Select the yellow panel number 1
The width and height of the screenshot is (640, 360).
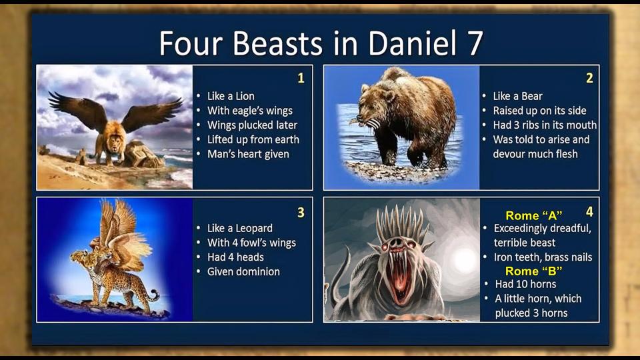[x=301, y=78]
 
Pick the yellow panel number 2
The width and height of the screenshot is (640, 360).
[x=589, y=78]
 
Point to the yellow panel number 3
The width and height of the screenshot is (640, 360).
[x=301, y=212]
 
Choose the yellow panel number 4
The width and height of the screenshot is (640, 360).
[x=589, y=211]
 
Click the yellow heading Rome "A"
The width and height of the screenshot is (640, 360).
[x=534, y=215]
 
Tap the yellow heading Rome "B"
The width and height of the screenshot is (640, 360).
[x=534, y=271]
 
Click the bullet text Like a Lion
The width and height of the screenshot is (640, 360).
[x=231, y=96]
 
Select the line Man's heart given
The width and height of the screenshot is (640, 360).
[x=248, y=154]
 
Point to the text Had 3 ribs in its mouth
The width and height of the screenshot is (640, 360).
[x=545, y=125]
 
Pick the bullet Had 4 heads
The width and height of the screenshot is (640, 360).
[x=235, y=257]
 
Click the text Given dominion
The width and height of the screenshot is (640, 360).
[x=243, y=271]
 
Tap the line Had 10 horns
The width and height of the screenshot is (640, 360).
[x=525, y=284]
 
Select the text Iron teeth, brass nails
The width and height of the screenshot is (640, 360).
[x=543, y=257]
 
